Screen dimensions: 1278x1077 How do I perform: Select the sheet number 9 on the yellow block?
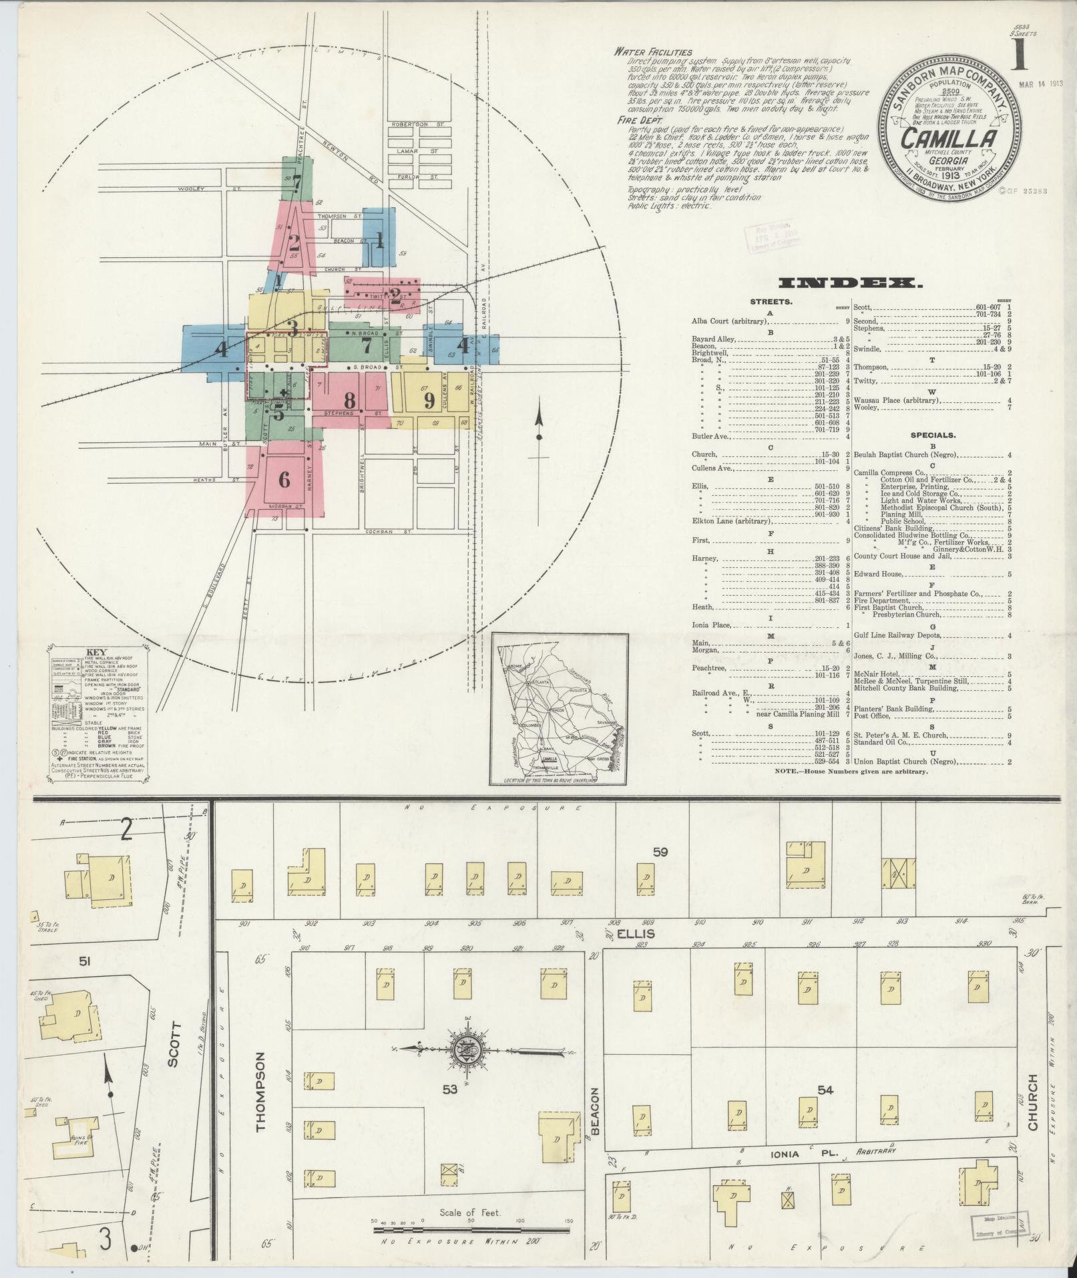(x=429, y=400)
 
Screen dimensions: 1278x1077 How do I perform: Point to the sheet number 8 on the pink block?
(x=349, y=400)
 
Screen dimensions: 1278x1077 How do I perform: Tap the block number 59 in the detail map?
(x=660, y=852)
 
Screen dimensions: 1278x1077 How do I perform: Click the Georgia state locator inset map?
(x=558, y=709)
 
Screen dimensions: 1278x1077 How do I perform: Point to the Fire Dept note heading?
(x=638, y=121)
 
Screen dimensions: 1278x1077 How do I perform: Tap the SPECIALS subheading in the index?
(x=931, y=434)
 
